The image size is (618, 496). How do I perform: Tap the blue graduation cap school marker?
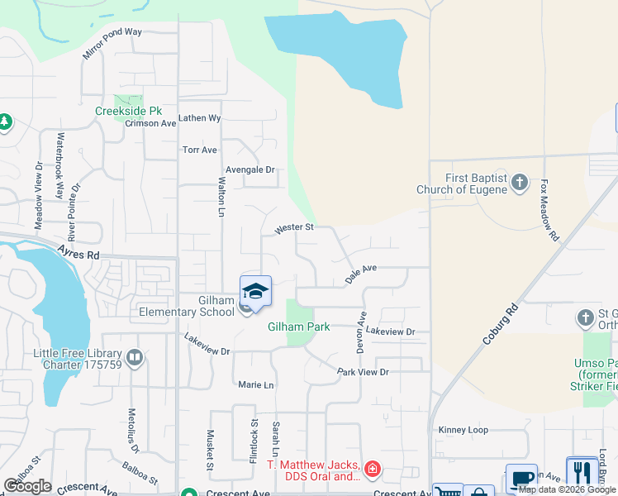(256, 293)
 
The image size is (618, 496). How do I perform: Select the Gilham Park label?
(299, 327)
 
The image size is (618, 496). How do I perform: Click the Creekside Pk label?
(127, 111)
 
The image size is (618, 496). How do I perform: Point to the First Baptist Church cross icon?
(520, 181)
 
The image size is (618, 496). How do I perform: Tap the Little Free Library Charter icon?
(135, 358)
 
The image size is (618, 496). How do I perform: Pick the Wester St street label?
(294, 227)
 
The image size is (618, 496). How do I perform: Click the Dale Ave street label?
(361, 274)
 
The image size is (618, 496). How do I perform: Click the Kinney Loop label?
(463, 430)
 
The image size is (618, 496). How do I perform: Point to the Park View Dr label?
(363, 373)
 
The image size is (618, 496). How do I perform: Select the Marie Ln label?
(255, 385)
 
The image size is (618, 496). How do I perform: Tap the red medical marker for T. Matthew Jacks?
(373, 470)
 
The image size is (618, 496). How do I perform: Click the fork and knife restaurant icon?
(582, 473)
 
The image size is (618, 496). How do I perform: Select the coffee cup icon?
(521, 479)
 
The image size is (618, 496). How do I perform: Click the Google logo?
(27, 485)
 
